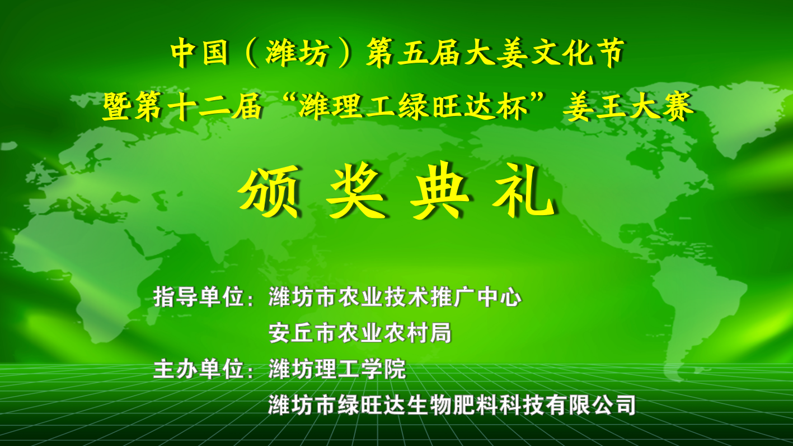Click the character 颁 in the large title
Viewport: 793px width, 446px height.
269,192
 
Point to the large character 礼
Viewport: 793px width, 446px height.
524,192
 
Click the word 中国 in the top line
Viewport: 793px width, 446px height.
199,53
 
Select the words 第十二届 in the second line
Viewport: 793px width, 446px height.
199,106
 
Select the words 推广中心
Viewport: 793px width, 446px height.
476,297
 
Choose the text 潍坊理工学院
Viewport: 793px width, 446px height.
337,369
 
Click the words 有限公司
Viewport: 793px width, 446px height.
590,405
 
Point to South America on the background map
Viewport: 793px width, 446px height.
694,312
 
